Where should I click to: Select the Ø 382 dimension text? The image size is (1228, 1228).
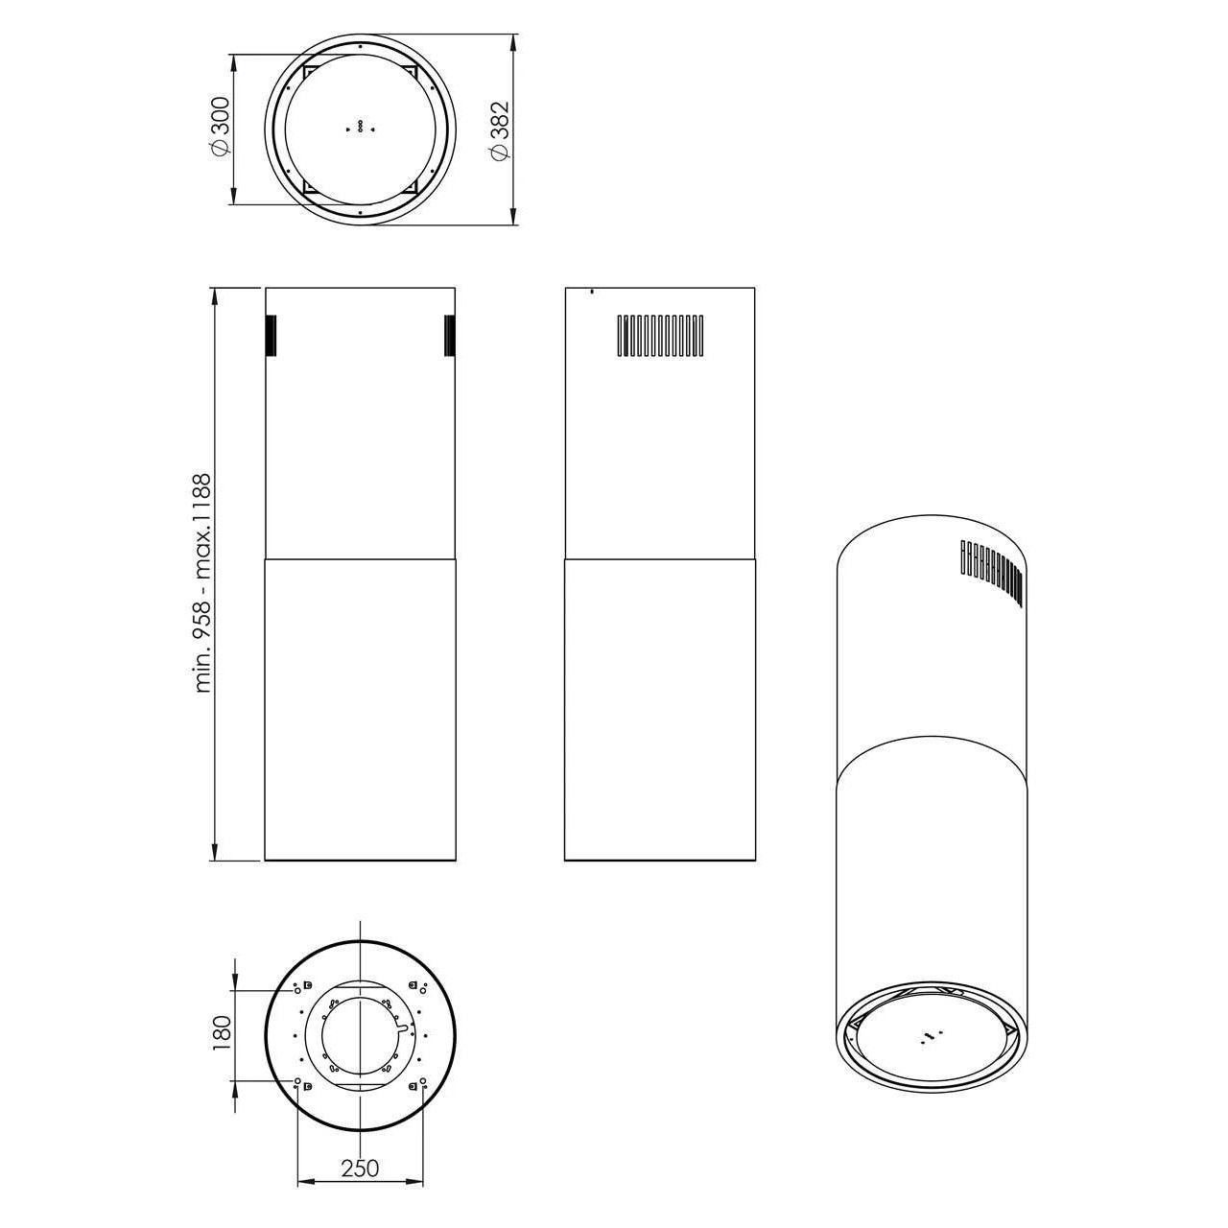(x=499, y=130)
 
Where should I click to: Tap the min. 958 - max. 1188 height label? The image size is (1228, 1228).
(x=203, y=582)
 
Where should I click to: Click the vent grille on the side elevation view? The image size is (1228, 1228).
(x=659, y=335)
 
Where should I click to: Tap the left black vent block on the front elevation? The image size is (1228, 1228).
(x=271, y=335)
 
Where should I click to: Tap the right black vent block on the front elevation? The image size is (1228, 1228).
(x=450, y=335)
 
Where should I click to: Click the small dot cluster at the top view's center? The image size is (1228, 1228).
(x=360, y=128)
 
